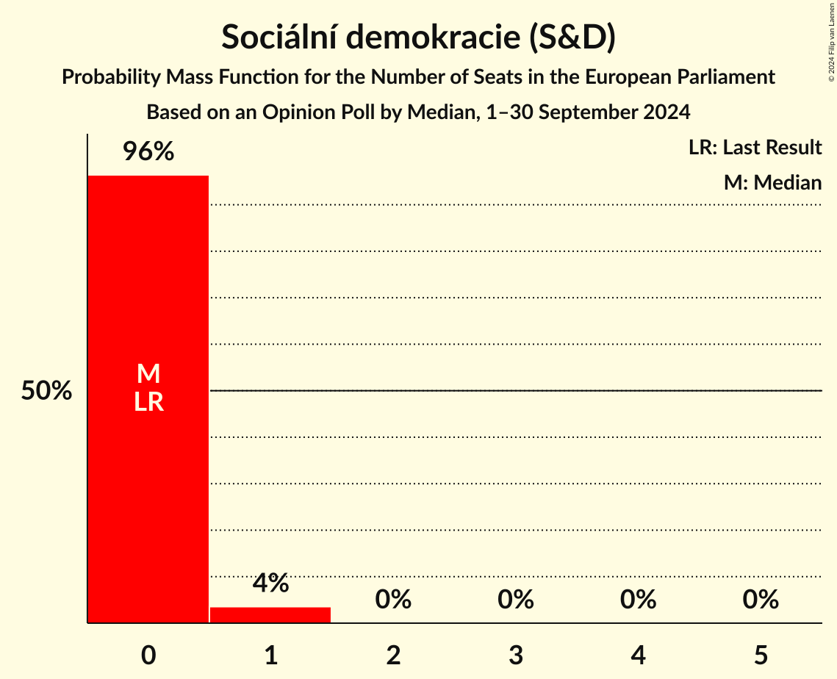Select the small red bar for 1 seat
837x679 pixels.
point(270,615)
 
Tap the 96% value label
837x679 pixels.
point(148,152)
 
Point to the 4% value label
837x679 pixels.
point(270,583)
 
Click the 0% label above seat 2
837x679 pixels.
point(393,600)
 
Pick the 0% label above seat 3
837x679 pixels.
point(516,600)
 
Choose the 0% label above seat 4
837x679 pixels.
point(638,600)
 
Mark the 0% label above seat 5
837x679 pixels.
point(761,600)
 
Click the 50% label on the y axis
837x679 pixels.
point(46,391)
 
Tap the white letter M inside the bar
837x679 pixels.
point(148,374)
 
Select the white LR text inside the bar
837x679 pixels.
point(148,402)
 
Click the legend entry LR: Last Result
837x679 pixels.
point(755,148)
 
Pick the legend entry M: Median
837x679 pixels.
point(772,182)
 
